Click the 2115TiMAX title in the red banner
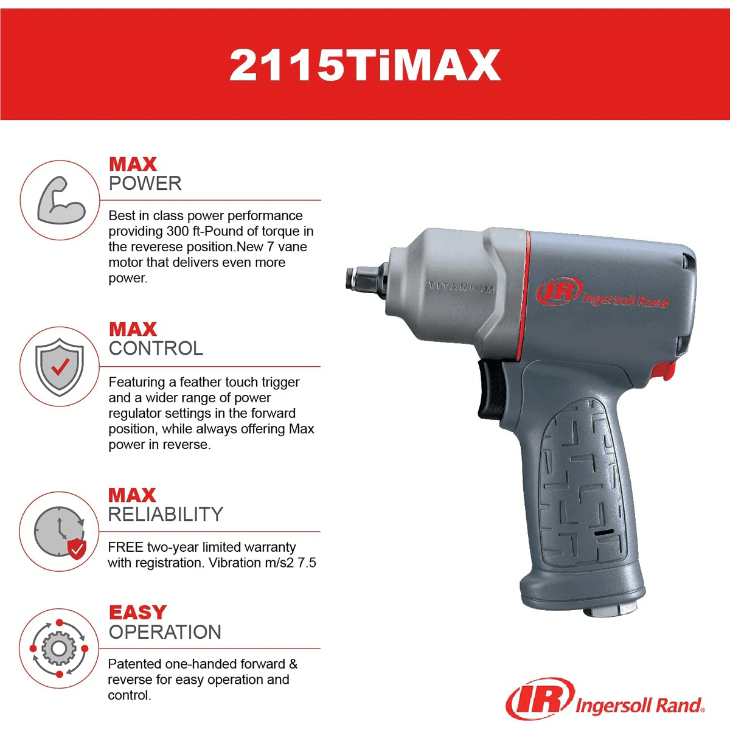point(365,64)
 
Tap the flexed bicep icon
point(61,200)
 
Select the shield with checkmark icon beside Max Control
point(60,367)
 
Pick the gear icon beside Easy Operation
point(59,648)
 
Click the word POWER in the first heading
point(145,184)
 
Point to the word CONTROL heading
point(156,349)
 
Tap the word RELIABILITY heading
point(165,514)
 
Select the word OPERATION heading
point(165,632)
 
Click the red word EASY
point(137,613)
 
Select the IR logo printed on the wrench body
point(559,292)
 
